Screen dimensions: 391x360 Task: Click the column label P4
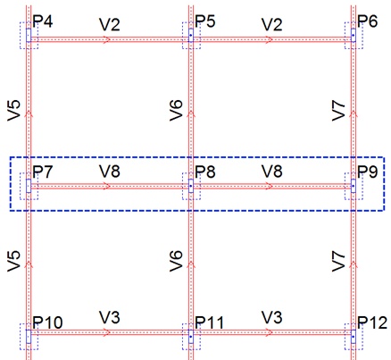[x=43, y=21]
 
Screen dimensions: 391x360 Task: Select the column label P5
[x=205, y=21]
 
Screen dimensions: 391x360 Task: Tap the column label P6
[x=368, y=21]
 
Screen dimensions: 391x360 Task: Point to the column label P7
[x=43, y=172]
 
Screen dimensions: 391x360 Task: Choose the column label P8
[x=205, y=172]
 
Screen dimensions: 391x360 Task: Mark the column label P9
[x=368, y=172]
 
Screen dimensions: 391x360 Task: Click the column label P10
[x=47, y=322]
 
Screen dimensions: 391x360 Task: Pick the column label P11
[x=209, y=322]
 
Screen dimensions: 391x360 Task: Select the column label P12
[x=372, y=322]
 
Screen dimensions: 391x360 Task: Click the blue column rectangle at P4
[x=29, y=35]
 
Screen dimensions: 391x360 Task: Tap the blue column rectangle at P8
[x=191, y=186]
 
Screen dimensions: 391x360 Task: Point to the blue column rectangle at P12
[x=354, y=336]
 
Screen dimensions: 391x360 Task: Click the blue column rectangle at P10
[x=29, y=336]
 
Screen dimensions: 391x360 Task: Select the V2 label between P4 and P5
[x=110, y=25]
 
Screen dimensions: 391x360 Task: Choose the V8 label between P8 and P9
[x=272, y=172]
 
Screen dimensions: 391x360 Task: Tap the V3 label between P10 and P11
[x=110, y=317]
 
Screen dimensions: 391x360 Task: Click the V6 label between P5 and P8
[x=176, y=111]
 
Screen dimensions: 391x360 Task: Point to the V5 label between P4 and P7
[x=13, y=111]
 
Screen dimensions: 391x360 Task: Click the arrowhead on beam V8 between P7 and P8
[x=108, y=187]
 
